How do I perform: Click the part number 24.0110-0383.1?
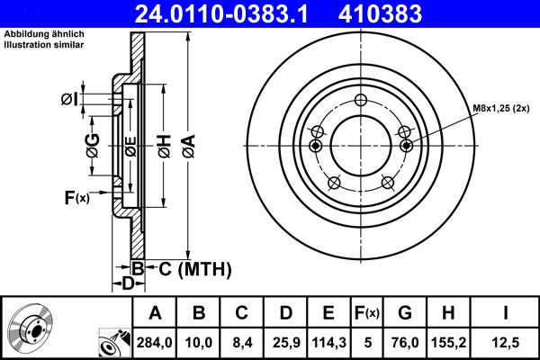230,14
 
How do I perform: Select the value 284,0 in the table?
155,341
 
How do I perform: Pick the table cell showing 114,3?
328,341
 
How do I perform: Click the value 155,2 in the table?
450,341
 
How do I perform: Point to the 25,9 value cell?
285,341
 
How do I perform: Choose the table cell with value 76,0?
405,341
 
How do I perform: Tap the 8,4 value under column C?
242,341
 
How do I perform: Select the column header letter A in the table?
155,313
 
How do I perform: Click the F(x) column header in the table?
368,313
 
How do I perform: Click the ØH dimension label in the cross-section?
164,144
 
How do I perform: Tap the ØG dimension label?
92,143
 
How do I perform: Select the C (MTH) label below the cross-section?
190,268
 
